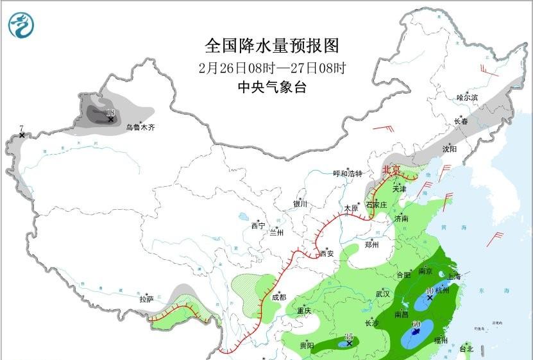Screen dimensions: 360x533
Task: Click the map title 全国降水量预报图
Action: click(x=271, y=46)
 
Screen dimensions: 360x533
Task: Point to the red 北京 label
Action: click(x=391, y=171)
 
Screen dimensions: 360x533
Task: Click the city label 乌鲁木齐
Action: click(x=140, y=128)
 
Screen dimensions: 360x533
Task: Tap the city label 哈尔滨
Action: click(x=467, y=98)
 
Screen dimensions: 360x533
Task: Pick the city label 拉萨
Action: click(x=146, y=299)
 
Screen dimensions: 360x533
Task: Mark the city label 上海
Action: click(x=454, y=276)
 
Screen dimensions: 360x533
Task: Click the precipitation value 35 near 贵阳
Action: click(x=349, y=336)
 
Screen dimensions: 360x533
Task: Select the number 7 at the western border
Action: click(x=21, y=128)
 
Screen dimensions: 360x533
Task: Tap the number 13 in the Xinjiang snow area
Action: click(x=110, y=112)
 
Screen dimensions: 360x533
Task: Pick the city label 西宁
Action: click(x=258, y=226)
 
